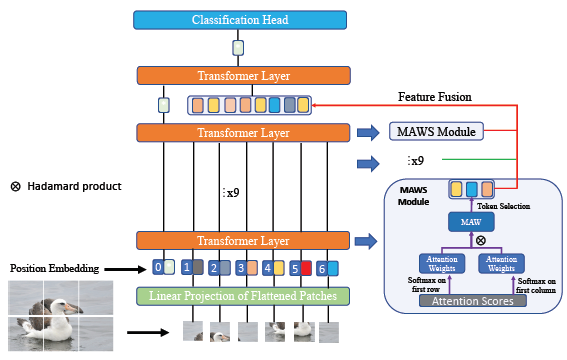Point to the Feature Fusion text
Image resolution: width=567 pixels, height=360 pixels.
point(435,96)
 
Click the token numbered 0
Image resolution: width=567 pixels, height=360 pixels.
point(157,267)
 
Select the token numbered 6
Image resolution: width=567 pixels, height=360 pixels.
point(321,268)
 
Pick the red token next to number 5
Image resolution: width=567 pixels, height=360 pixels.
point(307,268)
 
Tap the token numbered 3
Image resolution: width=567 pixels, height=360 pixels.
point(239,268)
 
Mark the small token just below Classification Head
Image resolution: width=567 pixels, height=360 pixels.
point(238,48)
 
